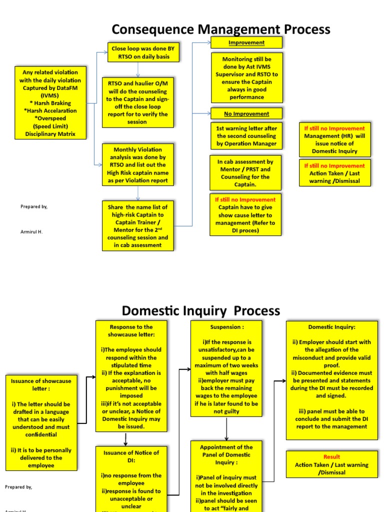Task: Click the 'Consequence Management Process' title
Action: pos(221,29)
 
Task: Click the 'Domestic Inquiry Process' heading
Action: pos(201,310)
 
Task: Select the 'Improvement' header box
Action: pos(246,42)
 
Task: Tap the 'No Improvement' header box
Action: pos(246,113)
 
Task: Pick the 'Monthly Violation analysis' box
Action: pos(137,164)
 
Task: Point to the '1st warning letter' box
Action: pos(246,135)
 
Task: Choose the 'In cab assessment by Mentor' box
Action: pos(245,173)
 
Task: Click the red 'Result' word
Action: pos(331,456)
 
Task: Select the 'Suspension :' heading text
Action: pos(226,326)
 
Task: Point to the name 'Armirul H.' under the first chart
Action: pos(31,232)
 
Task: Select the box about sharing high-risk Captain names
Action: pos(137,225)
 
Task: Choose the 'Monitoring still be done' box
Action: pos(246,78)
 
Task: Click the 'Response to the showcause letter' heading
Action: pos(125,330)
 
